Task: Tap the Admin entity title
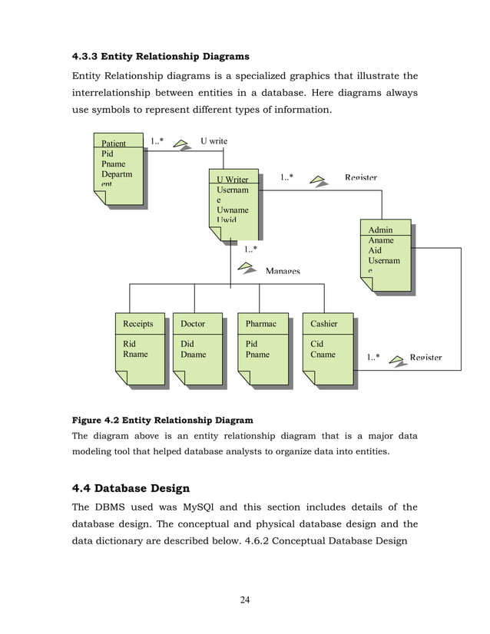[x=380, y=230]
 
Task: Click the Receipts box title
[x=138, y=324]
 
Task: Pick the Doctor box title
[x=193, y=324]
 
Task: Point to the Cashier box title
[x=324, y=324]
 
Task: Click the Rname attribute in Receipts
[x=135, y=355]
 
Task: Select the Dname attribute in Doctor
[x=194, y=355]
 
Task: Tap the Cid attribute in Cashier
[x=316, y=345]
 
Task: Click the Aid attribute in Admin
[x=375, y=251]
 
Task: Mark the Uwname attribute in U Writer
[x=233, y=210]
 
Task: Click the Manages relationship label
[x=283, y=271]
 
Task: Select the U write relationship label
[x=214, y=141]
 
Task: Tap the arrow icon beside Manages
[x=247, y=267]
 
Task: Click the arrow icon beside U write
[x=181, y=143]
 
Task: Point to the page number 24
[x=245, y=599]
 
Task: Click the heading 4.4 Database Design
[x=131, y=488]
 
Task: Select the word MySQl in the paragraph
[x=200, y=507]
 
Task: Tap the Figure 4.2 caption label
[x=162, y=420]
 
